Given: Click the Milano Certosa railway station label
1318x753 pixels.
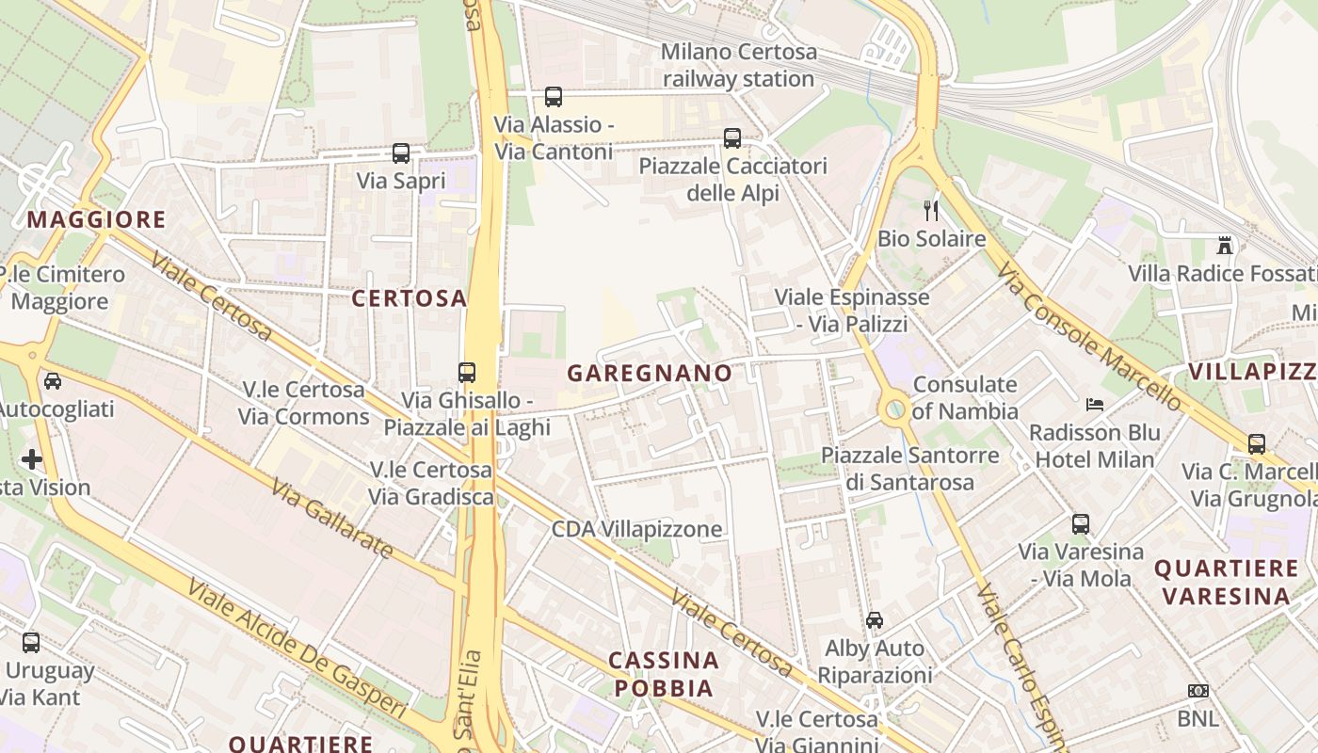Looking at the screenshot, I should point(738,65).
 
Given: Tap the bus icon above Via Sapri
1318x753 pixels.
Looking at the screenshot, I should point(401,153).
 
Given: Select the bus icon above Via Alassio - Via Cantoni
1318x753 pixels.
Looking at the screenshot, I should point(554,97).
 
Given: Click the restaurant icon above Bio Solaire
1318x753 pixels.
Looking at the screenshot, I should point(932,210).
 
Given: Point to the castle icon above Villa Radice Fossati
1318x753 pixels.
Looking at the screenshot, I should point(1225,246).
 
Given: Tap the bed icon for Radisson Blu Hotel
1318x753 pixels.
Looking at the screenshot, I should point(1095,405).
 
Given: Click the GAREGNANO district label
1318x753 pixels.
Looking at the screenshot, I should point(650,373).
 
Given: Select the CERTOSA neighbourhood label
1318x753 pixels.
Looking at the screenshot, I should point(410,298).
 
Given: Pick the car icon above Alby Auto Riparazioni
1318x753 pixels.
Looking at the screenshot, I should point(875,620).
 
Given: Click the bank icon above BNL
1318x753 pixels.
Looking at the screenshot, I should point(1197,691).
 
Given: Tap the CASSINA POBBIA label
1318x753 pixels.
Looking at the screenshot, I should point(665,674).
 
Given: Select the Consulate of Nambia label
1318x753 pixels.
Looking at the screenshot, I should point(965,397).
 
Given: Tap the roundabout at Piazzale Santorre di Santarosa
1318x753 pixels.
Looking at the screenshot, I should point(895,409).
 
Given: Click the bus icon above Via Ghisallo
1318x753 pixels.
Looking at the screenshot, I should point(467,372).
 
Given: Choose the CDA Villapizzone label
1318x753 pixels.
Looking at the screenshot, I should point(636,529).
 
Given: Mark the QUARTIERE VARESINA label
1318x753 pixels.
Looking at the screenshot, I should point(1226,582).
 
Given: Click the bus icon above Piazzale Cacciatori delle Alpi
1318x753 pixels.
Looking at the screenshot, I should point(732,138).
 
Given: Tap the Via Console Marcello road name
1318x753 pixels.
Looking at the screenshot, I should point(1090,339).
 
